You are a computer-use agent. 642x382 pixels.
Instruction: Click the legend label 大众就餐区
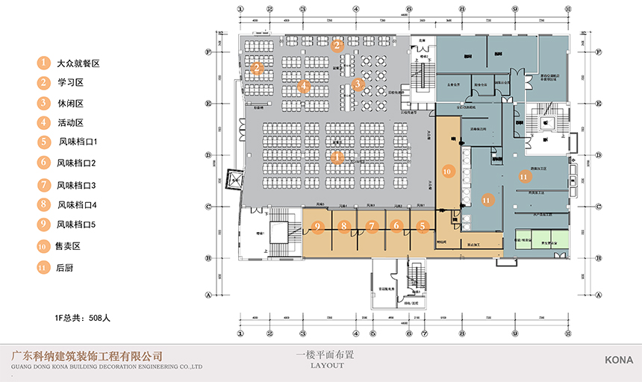pos(78,63)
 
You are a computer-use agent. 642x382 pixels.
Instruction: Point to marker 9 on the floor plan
pos(317,226)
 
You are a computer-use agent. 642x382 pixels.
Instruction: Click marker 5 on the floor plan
pos(422,226)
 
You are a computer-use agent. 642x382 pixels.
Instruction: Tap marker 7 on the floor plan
pos(371,226)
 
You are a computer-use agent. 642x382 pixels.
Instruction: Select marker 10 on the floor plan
pos(448,172)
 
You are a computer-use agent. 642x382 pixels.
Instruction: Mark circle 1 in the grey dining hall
pos(337,157)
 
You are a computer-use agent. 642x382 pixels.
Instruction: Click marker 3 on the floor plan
pos(358,84)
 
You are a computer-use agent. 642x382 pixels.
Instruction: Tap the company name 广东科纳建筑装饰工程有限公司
pos(83,356)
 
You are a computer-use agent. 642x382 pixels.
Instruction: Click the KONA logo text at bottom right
pos(619,359)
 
